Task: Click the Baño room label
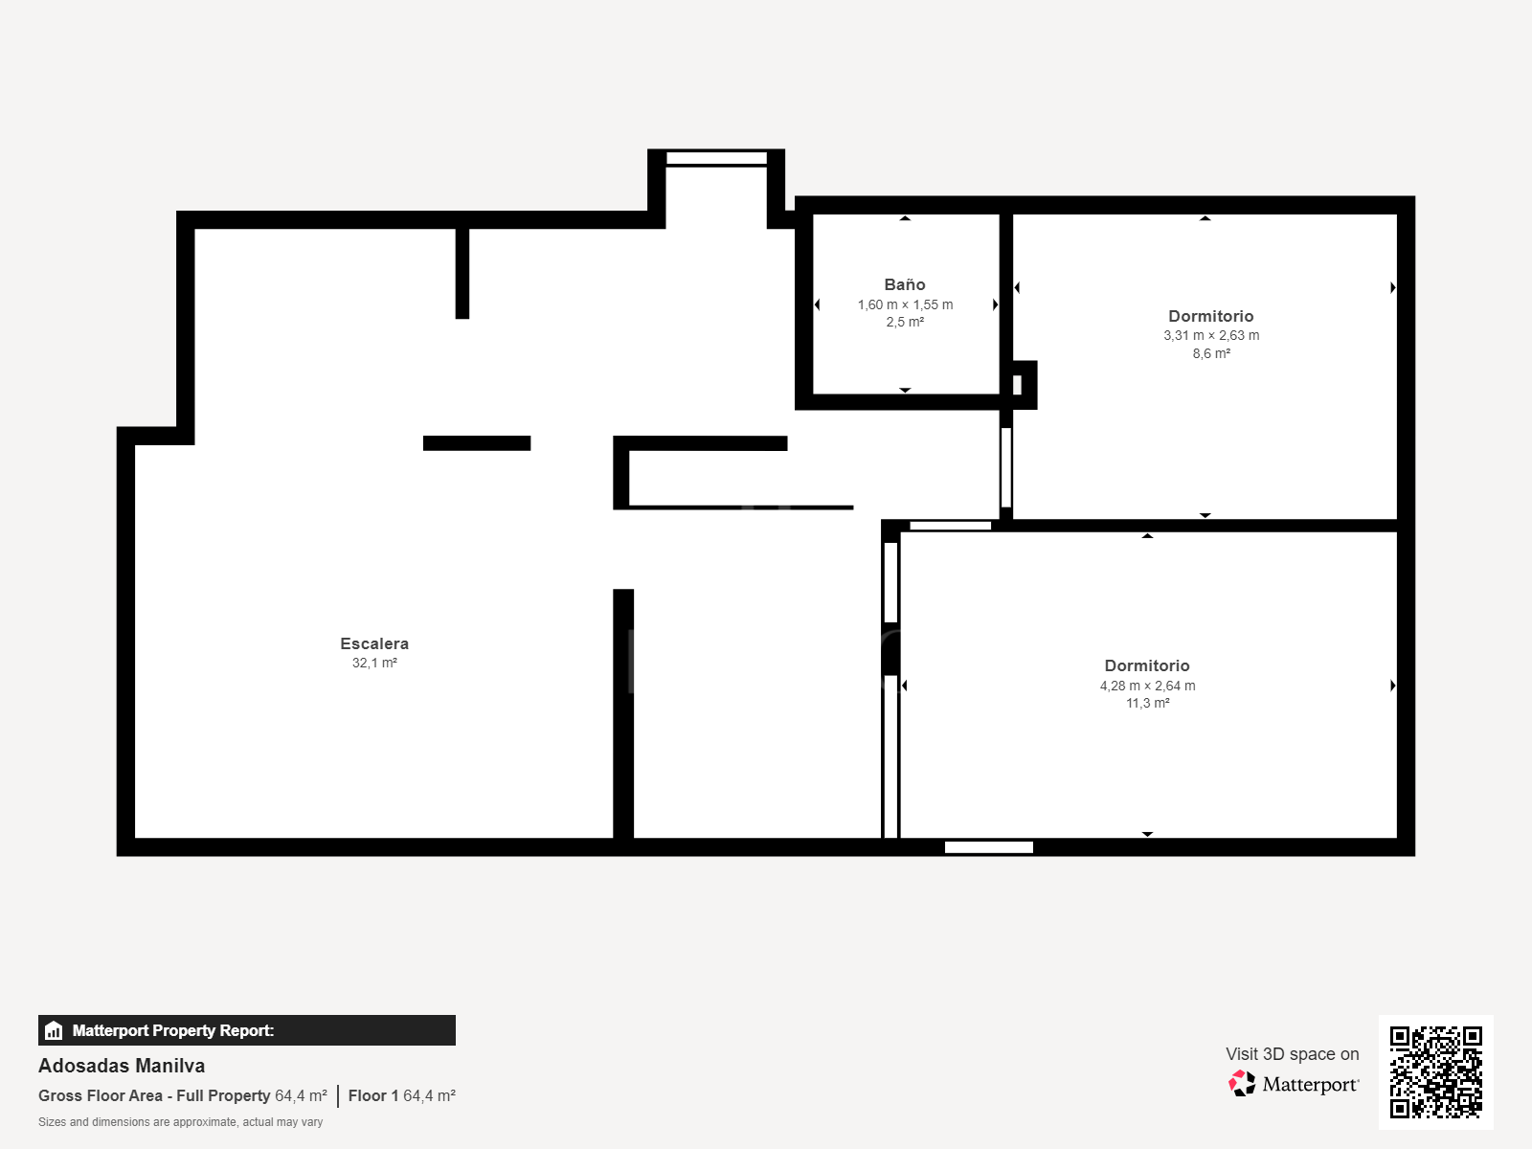pos(905,284)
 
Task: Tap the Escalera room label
pos(374,643)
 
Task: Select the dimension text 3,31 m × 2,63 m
pos(1211,335)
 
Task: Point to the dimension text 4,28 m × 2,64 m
pos(1147,686)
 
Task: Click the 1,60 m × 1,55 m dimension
pos(905,304)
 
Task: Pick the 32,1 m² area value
pos(374,663)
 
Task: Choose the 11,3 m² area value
pos(1147,703)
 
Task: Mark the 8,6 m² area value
pos(1211,353)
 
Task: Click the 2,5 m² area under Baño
pos(905,322)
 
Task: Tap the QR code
pos(1435,1071)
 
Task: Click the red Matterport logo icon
pos(1242,1083)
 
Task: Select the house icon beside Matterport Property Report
pos(54,1030)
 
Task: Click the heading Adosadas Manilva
pos(122,1066)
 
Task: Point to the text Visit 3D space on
pos(1292,1053)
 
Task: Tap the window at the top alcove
pos(716,158)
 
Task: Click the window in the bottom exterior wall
pos(988,846)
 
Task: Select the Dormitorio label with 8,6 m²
pos(1210,316)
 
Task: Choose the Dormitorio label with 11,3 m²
pos(1147,665)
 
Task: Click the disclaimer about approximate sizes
pos(180,1122)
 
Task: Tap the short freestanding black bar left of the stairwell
pos(477,443)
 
